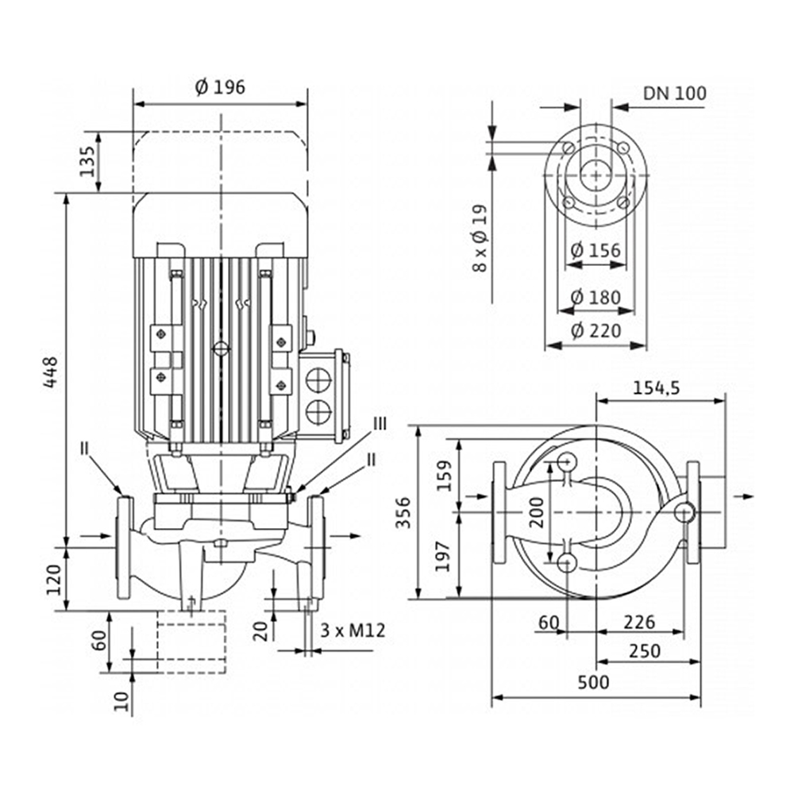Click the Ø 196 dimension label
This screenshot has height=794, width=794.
pyautogui.click(x=220, y=87)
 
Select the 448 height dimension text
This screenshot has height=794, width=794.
pyautogui.click(x=50, y=372)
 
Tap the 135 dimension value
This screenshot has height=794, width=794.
pyautogui.click(x=87, y=161)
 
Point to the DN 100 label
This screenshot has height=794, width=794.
pyautogui.click(x=674, y=93)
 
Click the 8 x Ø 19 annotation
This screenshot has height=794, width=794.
pyautogui.click(x=480, y=238)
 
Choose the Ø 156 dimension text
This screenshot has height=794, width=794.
pyautogui.click(x=595, y=250)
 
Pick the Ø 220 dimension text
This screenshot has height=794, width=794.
pyautogui.click(x=595, y=330)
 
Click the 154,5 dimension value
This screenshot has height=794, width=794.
pyautogui.click(x=657, y=388)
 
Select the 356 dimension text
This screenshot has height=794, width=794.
pyautogui.click(x=403, y=512)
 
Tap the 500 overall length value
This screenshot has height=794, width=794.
pyautogui.click(x=593, y=682)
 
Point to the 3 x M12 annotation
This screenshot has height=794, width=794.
pyautogui.click(x=353, y=630)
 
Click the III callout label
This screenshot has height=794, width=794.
pyautogui.click(x=380, y=423)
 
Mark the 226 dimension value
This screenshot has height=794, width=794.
pyautogui.click(x=639, y=622)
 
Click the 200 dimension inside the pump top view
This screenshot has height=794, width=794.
pyautogui.click(x=538, y=512)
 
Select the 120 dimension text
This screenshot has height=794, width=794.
pyautogui.click(x=53, y=580)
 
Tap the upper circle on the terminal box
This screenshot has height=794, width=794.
pyautogui.click(x=319, y=379)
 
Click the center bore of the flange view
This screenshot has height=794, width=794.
pyautogui.click(x=595, y=175)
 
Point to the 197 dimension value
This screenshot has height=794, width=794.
pyautogui.click(x=443, y=557)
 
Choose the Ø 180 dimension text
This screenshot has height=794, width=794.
pyautogui.click(x=595, y=297)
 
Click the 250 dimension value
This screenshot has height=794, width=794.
pyautogui.click(x=645, y=651)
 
